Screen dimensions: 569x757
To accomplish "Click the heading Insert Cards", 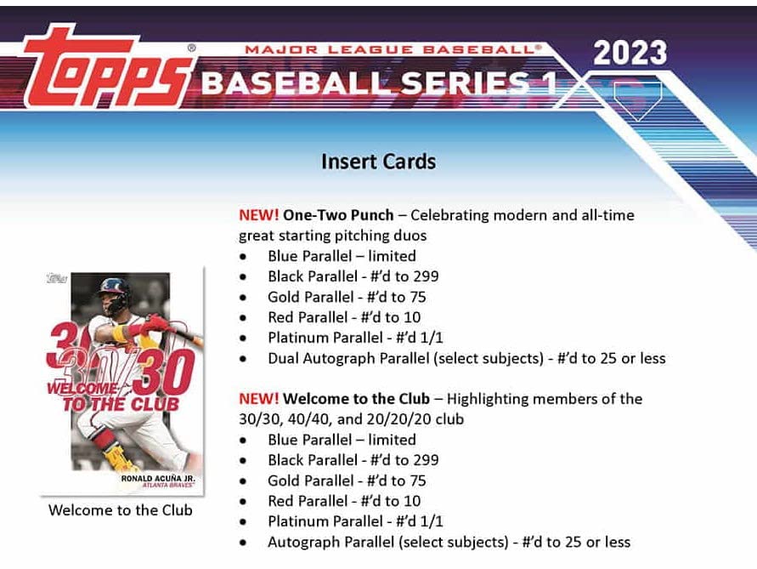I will pyautogui.click(x=378, y=162).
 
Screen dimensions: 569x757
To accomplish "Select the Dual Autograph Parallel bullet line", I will pyautogui.click(x=466, y=358).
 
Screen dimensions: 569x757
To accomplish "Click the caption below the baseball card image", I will pyautogui.click(x=120, y=510).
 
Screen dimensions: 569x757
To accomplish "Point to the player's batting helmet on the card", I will pyautogui.click(x=114, y=293).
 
